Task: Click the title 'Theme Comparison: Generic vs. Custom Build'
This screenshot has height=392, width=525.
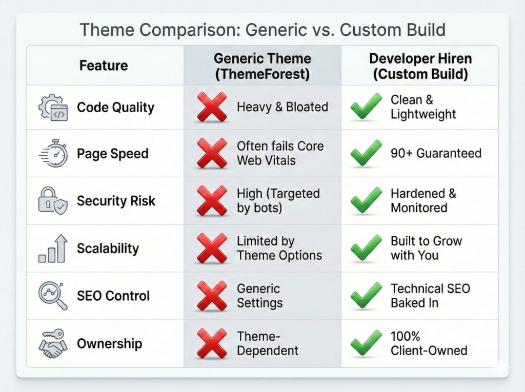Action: pos(262,30)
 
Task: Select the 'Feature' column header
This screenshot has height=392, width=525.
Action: pos(104,66)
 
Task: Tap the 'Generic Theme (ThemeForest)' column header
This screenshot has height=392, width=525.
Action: pos(262,66)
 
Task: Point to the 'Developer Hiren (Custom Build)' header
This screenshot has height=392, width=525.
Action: pos(420,66)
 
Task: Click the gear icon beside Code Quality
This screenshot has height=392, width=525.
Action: pos(53,108)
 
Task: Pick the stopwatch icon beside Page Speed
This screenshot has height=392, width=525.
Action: pos(53,154)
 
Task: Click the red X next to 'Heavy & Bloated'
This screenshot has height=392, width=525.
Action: pos(212,108)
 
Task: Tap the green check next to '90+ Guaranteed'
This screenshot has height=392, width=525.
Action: pos(366,154)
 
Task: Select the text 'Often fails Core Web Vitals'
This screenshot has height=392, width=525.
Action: pos(280,153)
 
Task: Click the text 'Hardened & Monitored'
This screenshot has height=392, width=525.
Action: pos(423,201)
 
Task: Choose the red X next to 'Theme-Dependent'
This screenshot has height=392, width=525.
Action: pos(212,343)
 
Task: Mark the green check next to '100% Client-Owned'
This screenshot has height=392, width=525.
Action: pos(366,343)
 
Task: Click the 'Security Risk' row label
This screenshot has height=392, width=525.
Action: pos(116,201)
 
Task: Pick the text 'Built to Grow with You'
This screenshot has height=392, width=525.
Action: pos(426,248)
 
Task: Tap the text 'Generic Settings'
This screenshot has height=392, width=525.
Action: pos(259,296)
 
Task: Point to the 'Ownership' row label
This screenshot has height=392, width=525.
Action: pos(109,343)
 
